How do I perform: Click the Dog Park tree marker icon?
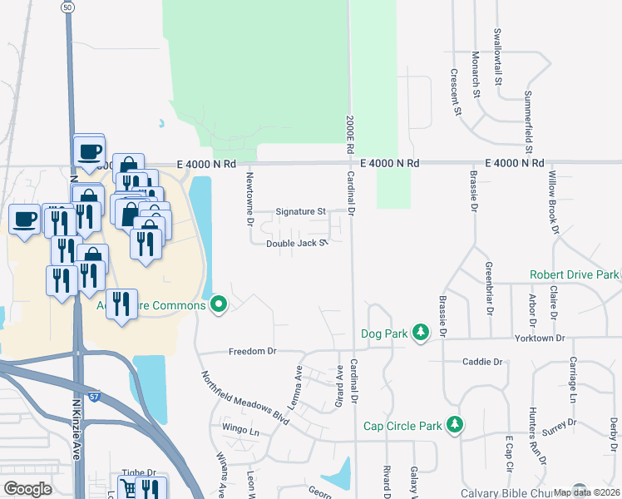tap(422, 333)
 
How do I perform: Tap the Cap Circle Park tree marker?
tap(455, 425)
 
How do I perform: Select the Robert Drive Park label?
tap(575, 274)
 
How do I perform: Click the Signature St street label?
tap(300, 211)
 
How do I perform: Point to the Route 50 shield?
tap(67, 7)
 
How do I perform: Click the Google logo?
tap(27, 489)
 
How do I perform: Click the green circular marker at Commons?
tap(219, 305)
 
